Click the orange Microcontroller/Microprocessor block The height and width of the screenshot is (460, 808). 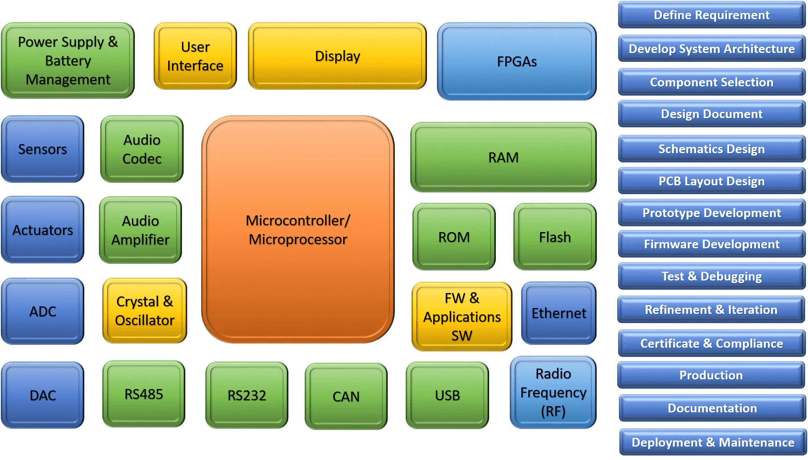click(298, 230)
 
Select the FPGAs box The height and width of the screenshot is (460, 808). click(517, 61)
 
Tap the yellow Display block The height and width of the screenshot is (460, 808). click(337, 56)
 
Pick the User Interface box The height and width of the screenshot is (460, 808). click(195, 56)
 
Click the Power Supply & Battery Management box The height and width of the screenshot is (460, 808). click(68, 61)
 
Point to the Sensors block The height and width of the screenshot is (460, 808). click(43, 149)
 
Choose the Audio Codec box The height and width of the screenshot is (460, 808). click(142, 149)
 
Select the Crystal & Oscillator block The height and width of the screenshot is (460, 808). click(144, 311)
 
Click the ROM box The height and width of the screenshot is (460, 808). click(454, 237)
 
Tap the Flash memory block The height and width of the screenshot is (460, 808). click(555, 237)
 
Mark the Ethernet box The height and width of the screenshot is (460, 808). click(558, 313)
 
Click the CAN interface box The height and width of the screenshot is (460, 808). click(346, 396)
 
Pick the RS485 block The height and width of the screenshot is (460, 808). click(144, 394)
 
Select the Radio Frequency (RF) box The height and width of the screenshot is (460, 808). click(553, 392)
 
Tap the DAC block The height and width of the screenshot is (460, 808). click(43, 395)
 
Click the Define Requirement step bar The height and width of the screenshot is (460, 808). click(712, 15)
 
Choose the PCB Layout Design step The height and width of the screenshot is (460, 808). click(712, 181)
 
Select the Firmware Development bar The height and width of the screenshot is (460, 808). click(712, 244)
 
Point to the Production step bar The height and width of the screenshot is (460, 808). click(711, 375)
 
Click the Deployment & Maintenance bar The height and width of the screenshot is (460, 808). click(713, 442)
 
